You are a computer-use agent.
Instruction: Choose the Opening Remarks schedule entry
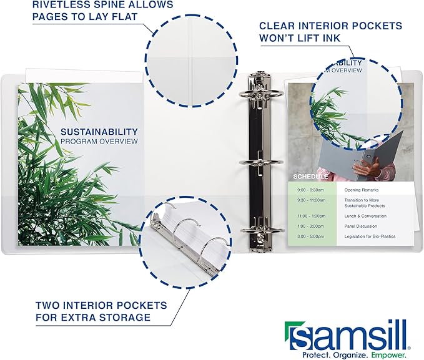pyautogui.click(x=361, y=190)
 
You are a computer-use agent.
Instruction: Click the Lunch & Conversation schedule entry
pyautogui.click(x=365, y=216)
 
